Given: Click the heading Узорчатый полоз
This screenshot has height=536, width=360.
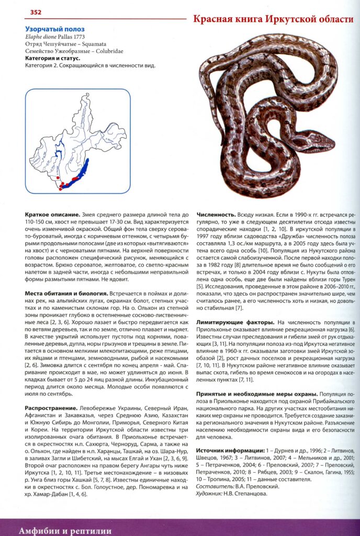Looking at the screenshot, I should [x=54, y=29].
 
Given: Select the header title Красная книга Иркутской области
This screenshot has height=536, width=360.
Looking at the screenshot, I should [x=273, y=20].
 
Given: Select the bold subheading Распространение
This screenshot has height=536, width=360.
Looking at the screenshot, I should [x=50, y=408].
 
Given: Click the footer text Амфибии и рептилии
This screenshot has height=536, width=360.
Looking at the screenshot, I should [x=65, y=530].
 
